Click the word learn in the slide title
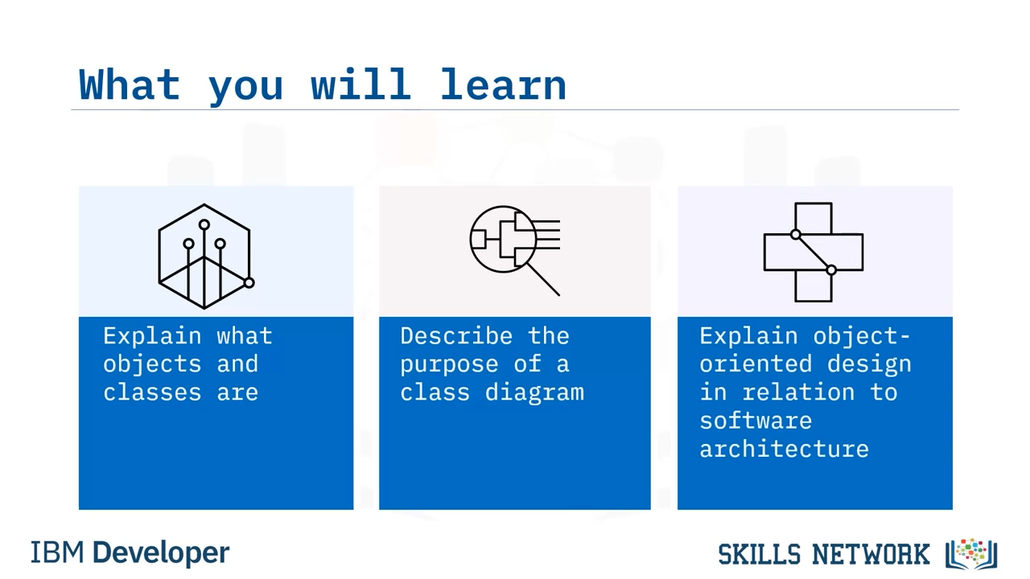(503, 84)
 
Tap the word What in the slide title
(130, 84)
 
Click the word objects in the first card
(152, 365)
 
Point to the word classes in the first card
(152, 392)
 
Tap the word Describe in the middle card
(456, 336)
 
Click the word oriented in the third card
(756, 364)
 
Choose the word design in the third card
(869, 365)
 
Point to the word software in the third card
(756, 421)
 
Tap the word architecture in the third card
(784, 449)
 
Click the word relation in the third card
(798, 392)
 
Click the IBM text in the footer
(57, 552)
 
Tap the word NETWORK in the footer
(871, 554)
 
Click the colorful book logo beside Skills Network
(971, 554)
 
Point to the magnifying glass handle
(543, 279)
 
